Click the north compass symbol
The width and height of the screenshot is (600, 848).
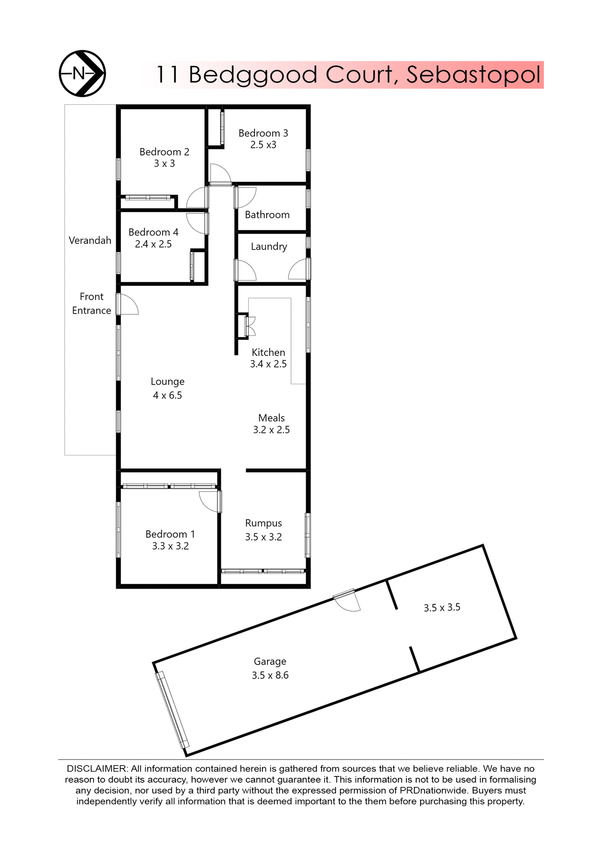pyautogui.click(x=82, y=73)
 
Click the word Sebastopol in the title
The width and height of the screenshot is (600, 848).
pyautogui.click(x=473, y=75)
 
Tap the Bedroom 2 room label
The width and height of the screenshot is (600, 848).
pyautogui.click(x=164, y=152)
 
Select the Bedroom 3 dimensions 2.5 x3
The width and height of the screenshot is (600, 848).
pyautogui.click(x=263, y=145)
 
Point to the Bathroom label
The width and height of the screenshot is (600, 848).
pyautogui.click(x=267, y=215)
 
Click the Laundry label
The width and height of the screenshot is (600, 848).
pyautogui.click(x=269, y=246)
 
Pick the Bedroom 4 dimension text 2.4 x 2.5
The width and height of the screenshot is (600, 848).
pyautogui.click(x=153, y=244)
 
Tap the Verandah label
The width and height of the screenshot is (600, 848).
pyautogui.click(x=90, y=241)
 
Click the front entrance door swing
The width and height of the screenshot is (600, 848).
pyautogui.click(x=129, y=305)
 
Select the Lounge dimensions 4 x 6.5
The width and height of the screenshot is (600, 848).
pyautogui.click(x=167, y=395)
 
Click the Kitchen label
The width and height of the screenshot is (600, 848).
pyautogui.click(x=268, y=352)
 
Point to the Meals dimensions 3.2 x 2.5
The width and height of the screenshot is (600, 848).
pyautogui.click(x=271, y=430)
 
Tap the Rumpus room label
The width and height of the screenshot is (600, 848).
pyautogui.click(x=263, y=523)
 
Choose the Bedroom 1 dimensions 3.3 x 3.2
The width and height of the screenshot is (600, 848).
pyautogui.click(x=170, y=546)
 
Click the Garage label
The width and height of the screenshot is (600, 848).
pyautogui.click(x=270, y=662)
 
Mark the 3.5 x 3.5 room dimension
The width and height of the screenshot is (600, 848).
pyautogui.click(x=442, y=608)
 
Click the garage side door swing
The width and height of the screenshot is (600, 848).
pyautogui.click(x=348, y=602)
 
